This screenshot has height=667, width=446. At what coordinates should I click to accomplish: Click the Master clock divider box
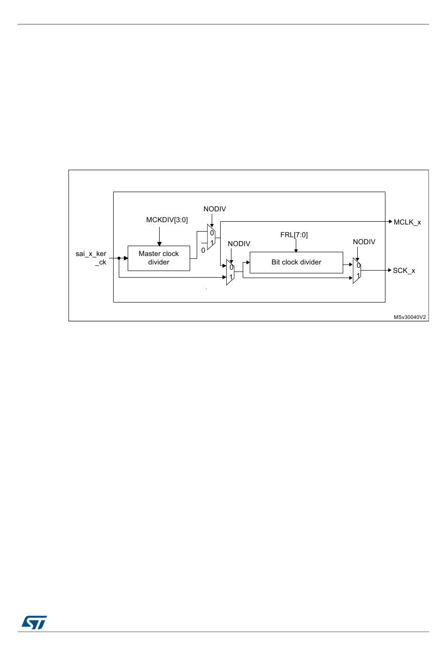click(x=159, y=258)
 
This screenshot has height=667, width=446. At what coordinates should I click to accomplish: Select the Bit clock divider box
click(x=296, y=262)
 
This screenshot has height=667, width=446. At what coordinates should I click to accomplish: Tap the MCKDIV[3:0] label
click(x=167, y=220)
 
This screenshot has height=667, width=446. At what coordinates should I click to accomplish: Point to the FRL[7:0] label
click(x=294, y=235)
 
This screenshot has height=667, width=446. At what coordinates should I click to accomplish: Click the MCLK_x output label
click(x=407, y=222)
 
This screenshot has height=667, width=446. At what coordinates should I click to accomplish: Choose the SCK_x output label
click(x=404, y=271)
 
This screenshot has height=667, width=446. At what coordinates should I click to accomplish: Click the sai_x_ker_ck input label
click(x=92, y=258)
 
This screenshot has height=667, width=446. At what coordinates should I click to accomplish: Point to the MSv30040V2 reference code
click(x=410, y=317)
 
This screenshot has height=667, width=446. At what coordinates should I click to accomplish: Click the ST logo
click(x=34, y=622)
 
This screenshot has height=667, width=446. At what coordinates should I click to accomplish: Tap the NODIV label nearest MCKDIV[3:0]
click(x=215, y=209)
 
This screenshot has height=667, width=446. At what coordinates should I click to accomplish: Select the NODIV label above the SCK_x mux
click(x=364, y=242)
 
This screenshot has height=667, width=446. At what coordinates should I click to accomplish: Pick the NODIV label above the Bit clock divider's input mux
click(x=239, y=244)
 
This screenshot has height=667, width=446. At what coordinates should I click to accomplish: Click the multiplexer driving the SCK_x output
click(x=357, y=271)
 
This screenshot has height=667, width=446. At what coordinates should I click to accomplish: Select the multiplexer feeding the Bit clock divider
click(x=230, y=272)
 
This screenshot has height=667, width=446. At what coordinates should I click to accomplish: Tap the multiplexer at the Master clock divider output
click(x=211, y=237)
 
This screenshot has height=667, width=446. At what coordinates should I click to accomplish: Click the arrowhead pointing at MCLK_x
click(x=390, y=221)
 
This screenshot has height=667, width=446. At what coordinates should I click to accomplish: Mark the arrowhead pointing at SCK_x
click(x=389, y=270)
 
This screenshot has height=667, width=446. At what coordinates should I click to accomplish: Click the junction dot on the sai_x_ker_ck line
click(x=119, y=258)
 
